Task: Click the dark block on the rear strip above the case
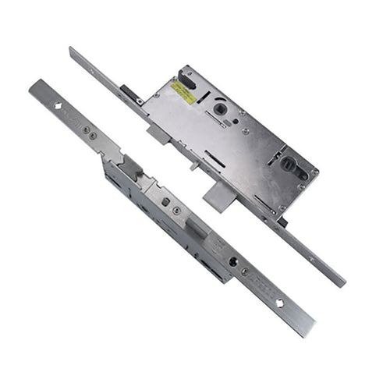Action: coord(128,97)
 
